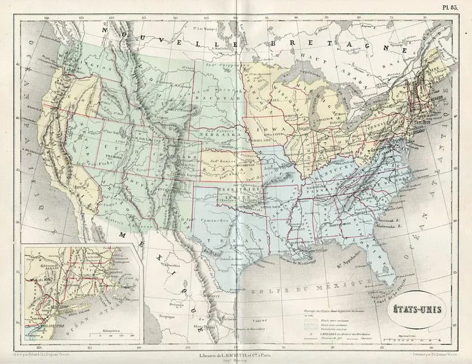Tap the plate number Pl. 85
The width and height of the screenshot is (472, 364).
[452, 7]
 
